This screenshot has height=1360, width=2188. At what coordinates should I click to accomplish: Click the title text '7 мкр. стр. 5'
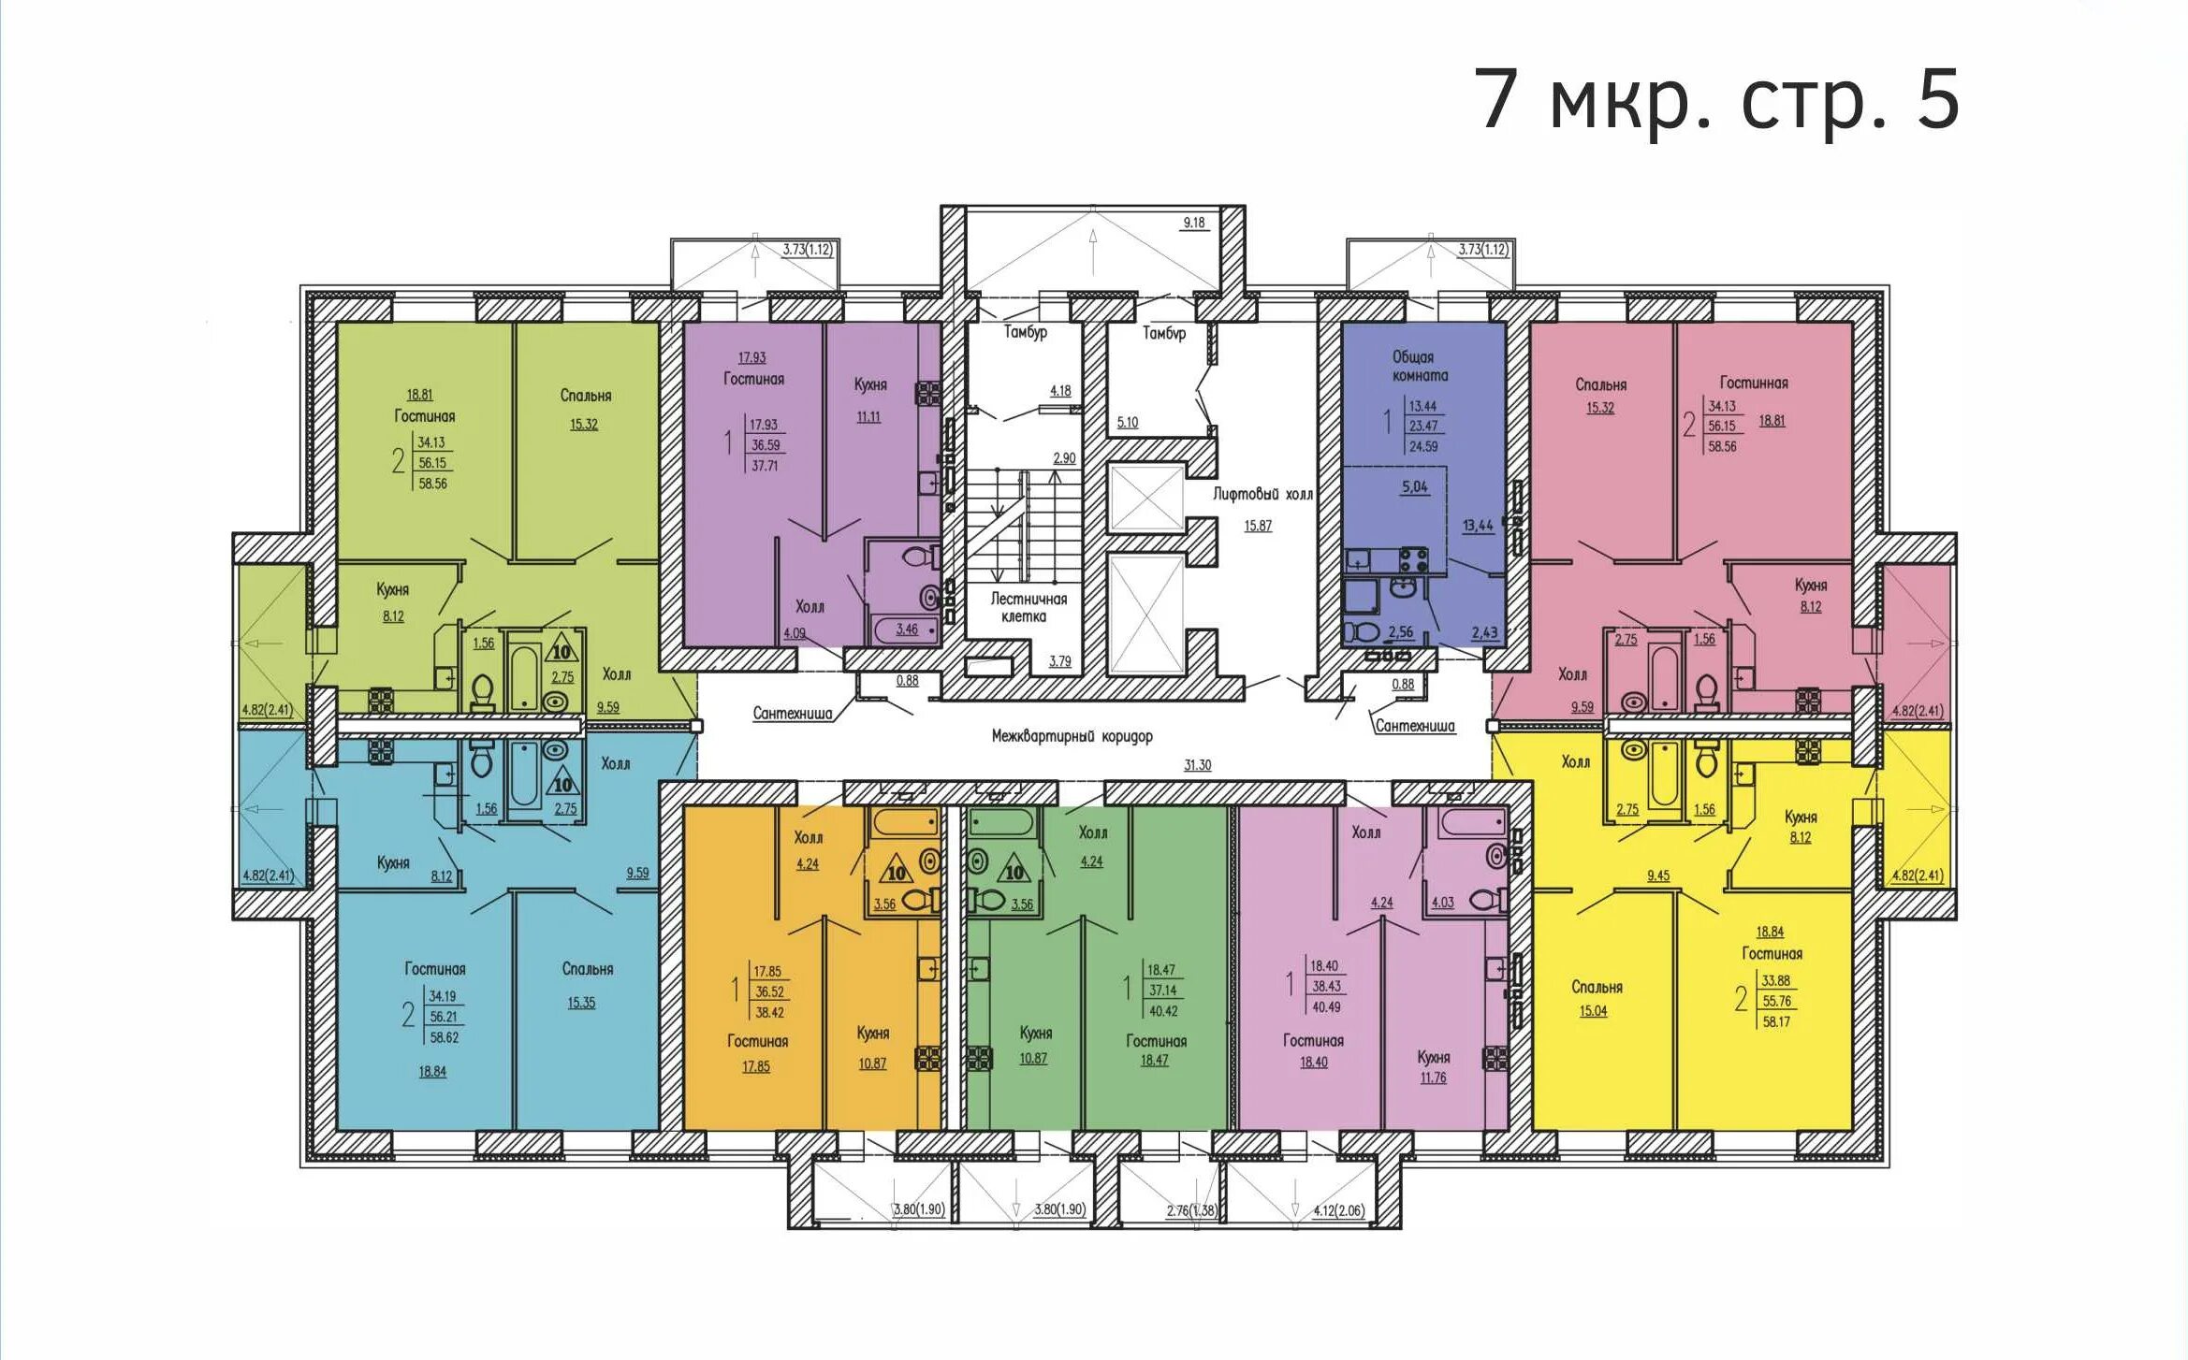pyautogui.click(x=1716, y=100)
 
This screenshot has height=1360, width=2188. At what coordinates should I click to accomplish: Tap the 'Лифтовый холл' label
pyautogui.click(x=1262, y=494)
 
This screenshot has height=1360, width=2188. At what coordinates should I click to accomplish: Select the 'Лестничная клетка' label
pyautogui.click(x=1028, y=607)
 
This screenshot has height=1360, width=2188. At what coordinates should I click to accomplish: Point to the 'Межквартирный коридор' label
pyautogui.click(x=1072, y=736)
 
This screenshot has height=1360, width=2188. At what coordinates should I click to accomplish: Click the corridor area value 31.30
pyautogui.click(x=1197, y=765)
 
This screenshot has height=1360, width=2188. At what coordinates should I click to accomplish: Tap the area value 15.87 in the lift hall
pyautogui.click(x=1258, y=526)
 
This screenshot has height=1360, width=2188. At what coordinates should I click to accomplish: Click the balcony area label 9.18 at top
pyautogui.click(x=1194, y=223)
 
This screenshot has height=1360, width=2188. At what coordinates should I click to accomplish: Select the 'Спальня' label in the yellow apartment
pyautogui.click(x=1597, y=987)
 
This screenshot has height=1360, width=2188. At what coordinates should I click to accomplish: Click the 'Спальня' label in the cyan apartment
pyautogui.click(x=588, y=969)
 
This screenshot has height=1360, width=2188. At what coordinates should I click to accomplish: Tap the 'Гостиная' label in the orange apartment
pyautogui.click(x=757, y=1041)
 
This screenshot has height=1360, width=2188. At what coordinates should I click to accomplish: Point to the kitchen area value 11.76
pyautogui.click(x=1433, y=1078)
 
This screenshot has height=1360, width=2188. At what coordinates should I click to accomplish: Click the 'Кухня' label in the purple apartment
pyautogui.click(x=870, y=384)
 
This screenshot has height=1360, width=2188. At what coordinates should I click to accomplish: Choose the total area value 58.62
pyautogui.click(x=445, y=1037)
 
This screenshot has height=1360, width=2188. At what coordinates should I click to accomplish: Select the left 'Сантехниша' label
pyautogui.click(x=792, y=714)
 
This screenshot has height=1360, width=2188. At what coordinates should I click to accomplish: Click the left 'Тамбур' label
pyautogui.click(x=1026, y=332)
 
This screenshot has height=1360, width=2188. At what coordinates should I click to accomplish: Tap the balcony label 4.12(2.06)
pyautogui.click(x=1338, y=1210)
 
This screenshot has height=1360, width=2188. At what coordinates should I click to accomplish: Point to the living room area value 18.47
pyautogui.click(x=1154, y=1060)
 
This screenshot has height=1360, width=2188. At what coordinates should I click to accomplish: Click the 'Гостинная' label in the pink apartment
pyautogui.click(x=1754, y=383)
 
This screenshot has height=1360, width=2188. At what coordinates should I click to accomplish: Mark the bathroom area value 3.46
pyautogui.click(x=906, y=629)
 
